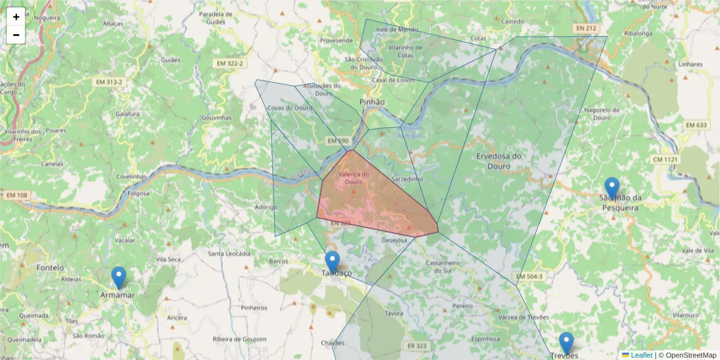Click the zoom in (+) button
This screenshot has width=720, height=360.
pos(16,17)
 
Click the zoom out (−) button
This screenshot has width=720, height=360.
pos(16,35)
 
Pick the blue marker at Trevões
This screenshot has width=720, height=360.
pos(566,343)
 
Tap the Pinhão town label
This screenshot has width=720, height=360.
pos(372,102)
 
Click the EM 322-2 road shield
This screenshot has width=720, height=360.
pos(230,63)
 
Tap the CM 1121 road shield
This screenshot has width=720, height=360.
pos(666,159)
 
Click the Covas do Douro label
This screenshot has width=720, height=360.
pos(290,108)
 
